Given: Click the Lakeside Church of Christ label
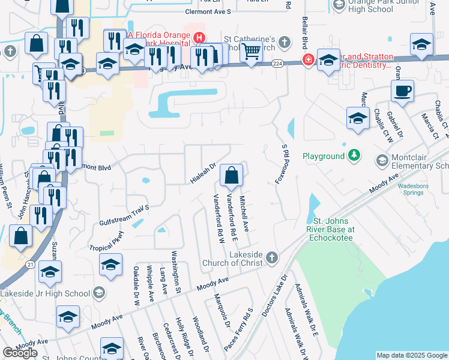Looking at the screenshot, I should pyautogui.click(x=246, y=258).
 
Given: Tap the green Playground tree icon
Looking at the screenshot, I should pyautogui.click(x=355, y=156).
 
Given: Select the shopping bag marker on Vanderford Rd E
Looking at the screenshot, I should pyautogui.click(x=231, y=175).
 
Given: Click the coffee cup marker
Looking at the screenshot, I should pyautogui.click(x=402, y=91).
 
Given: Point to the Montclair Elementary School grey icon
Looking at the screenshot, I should pyautogui.click(x=382, y=160).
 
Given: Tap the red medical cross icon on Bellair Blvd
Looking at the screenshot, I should pyautogui.click(x=308, y=61).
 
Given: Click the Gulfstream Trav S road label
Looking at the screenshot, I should pyautogui.click(x=124, y=214).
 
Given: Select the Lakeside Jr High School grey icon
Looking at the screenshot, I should pyautogui.click(x=99, y=293).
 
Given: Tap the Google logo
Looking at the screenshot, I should pyautogui.click(x=20, y=353).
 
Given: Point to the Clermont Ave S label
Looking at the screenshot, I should pyautogui.click(x=208, y=11).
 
